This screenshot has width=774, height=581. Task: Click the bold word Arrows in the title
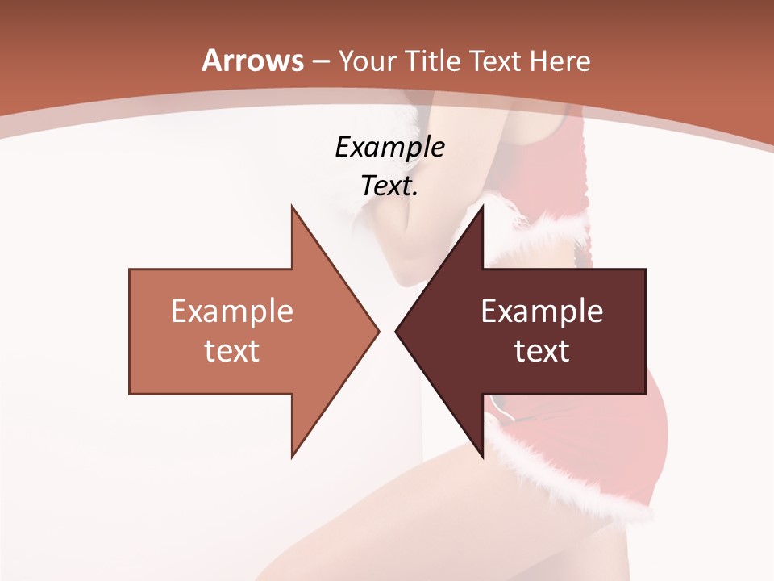(253, 61)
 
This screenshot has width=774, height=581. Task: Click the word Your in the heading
(366, 61)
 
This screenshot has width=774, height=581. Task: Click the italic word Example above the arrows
(389, 147)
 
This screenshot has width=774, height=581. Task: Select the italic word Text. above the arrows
(389, 186)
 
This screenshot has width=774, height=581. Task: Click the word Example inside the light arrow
(231, 311)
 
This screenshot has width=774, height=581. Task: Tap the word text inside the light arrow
(231, 351)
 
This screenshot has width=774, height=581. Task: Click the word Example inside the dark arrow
(542, 311)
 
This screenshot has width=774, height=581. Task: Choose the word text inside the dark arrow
(542, 351)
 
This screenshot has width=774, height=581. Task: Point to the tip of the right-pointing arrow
(377, 331)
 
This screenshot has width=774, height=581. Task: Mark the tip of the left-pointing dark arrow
(397, 331)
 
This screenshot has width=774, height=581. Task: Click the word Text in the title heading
(493, 61)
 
